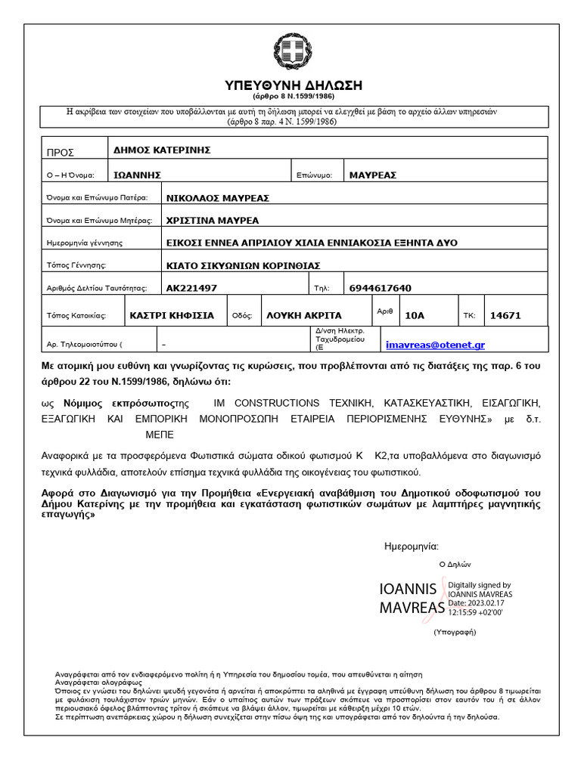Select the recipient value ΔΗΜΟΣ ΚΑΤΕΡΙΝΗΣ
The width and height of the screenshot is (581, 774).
coord(160,150)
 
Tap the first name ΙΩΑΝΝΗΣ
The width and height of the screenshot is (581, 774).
coord(138,175)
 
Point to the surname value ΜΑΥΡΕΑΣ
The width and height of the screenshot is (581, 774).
coord(373,175)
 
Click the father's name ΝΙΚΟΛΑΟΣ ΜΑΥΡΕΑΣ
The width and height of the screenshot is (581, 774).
coord(218,198)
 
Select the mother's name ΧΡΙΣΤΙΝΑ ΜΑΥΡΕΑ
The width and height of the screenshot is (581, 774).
coord(213,221)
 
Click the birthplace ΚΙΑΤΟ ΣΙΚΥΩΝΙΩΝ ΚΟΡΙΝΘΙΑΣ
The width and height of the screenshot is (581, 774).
coord(244,265)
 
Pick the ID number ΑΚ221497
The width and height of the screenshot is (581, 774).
coord(191,288)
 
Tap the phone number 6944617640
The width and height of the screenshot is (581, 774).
coord(381,288)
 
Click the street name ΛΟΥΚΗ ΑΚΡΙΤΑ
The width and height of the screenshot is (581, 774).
coord(304,315)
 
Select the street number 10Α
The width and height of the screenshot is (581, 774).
coord(415,315)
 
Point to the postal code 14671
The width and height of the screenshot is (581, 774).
coord(506,315)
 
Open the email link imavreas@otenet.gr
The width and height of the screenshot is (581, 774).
coord(435,345)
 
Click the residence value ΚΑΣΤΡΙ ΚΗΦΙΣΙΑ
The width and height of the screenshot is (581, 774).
coord(172,315)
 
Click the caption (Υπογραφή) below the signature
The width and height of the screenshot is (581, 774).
coord(455,630)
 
